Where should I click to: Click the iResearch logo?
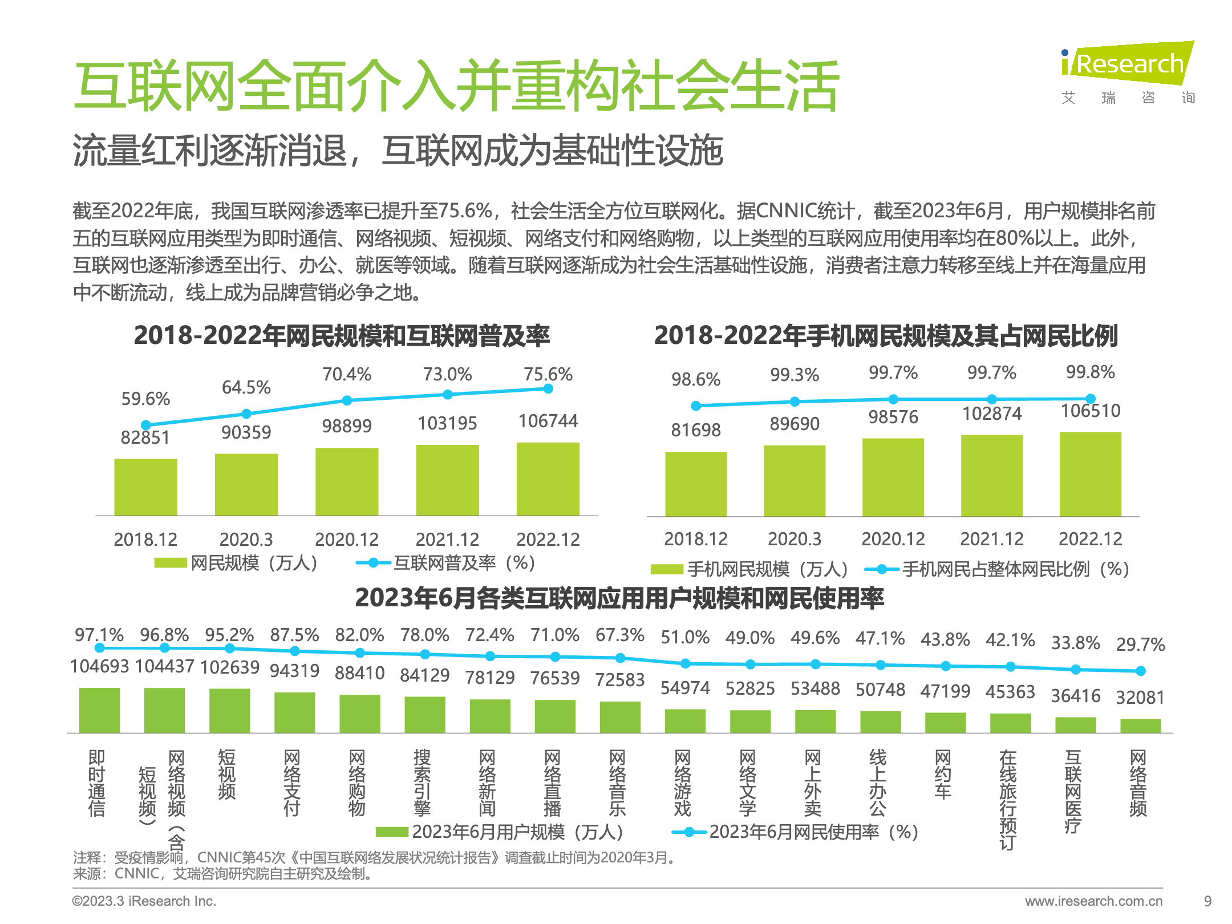click(1127, 64)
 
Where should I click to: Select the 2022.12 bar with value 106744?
click(548, 479)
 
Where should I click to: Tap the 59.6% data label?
click(145, 399)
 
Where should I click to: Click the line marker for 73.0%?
click(448, 394)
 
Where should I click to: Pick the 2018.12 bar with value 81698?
click(696, 484)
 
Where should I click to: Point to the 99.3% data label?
click(795, 375)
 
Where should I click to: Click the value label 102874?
click(992, 414)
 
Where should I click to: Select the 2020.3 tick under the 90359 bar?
click(246, 539)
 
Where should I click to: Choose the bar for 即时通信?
click(99, 710)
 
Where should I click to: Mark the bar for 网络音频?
click(1140, 726)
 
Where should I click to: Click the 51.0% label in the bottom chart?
click(685, 637)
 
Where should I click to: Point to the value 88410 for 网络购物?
click(359, 673)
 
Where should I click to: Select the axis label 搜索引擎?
click(422, 783)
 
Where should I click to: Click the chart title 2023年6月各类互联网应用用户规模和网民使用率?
click(619, 598)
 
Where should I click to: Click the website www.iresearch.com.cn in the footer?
click(1093, 901)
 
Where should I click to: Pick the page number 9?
click(1207, 901)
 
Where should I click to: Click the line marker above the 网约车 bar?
click(945, 666)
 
